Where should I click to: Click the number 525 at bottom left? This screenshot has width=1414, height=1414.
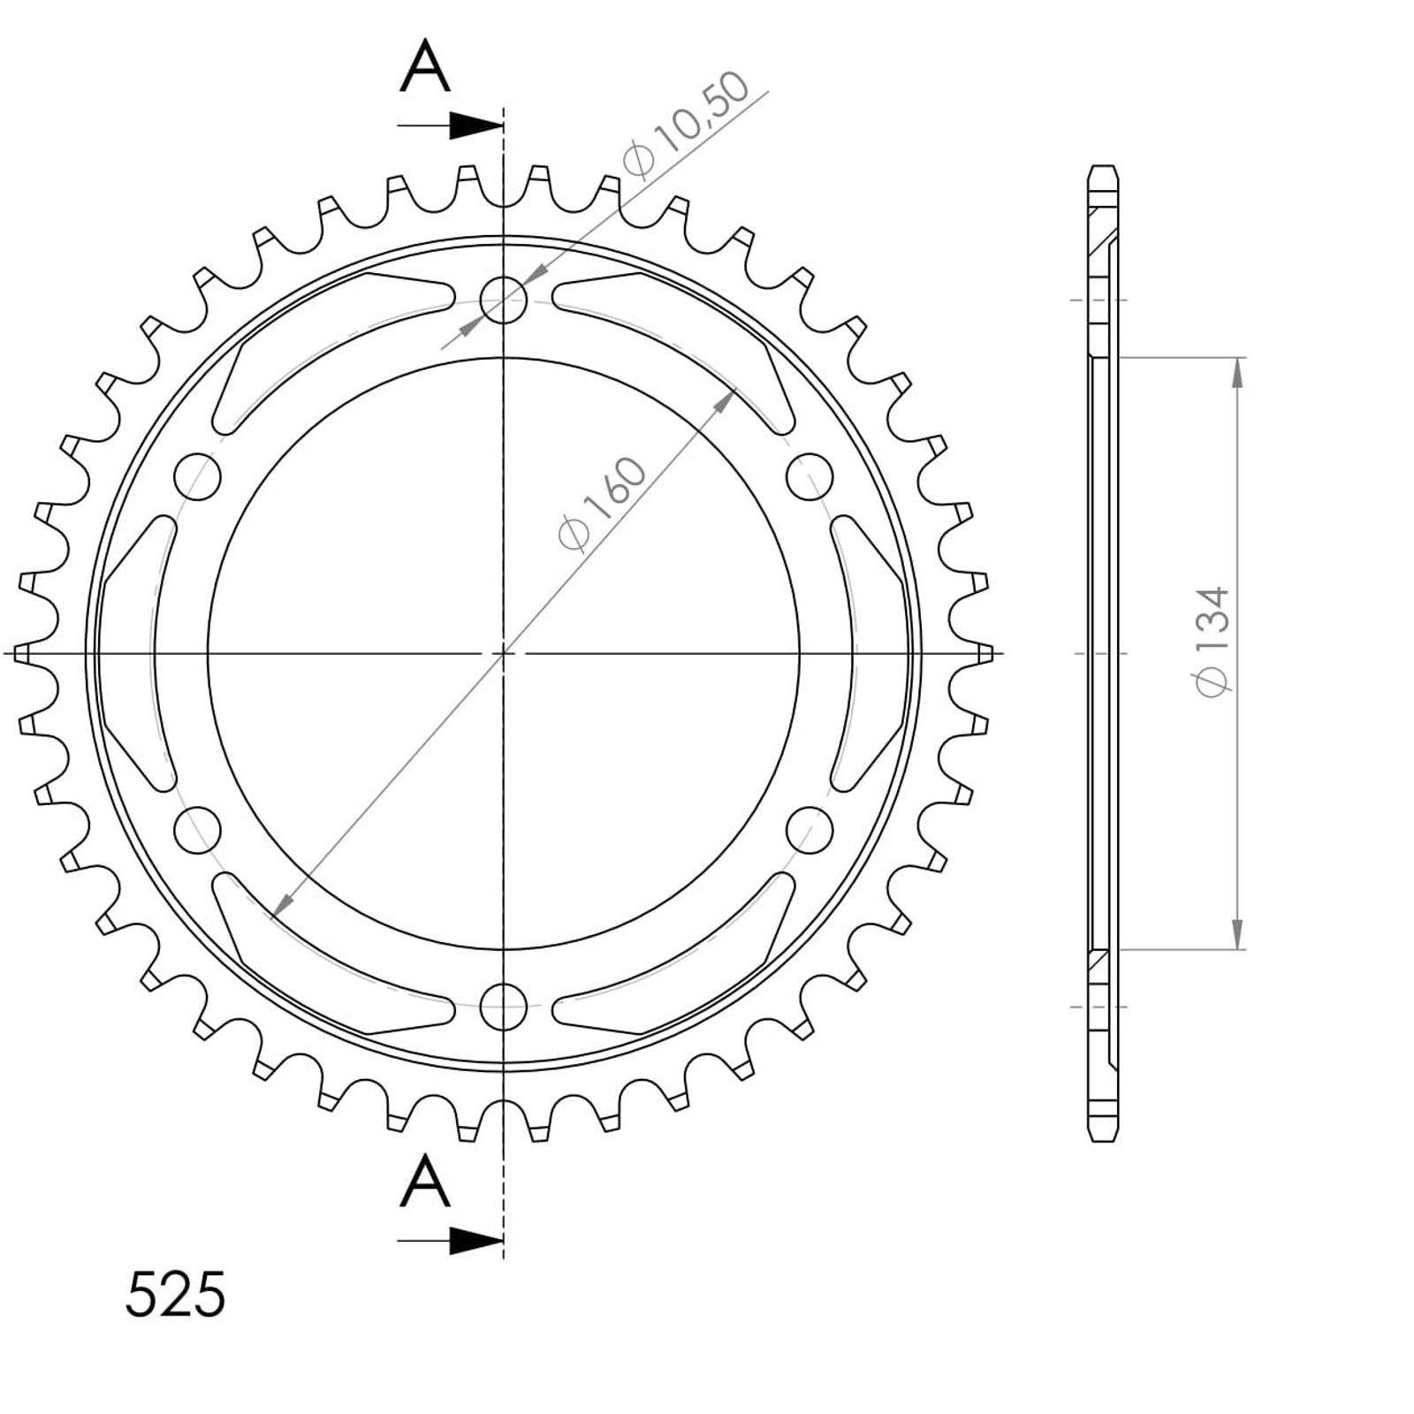pyautogui.click(x=176, y=1296)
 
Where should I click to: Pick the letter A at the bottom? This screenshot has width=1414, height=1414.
pyautogui.click(x=425, y=1183)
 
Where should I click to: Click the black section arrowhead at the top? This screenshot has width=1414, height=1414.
pyautogui.click(x=475, y=125)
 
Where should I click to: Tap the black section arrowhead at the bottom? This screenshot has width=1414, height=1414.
pyautogui.click(x=475, y=1241)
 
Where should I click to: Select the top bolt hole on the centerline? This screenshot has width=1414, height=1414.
pyautogui.click(x=504, y=300)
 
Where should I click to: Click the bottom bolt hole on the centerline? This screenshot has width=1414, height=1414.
pyautogui.click(x=504, y=1006)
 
